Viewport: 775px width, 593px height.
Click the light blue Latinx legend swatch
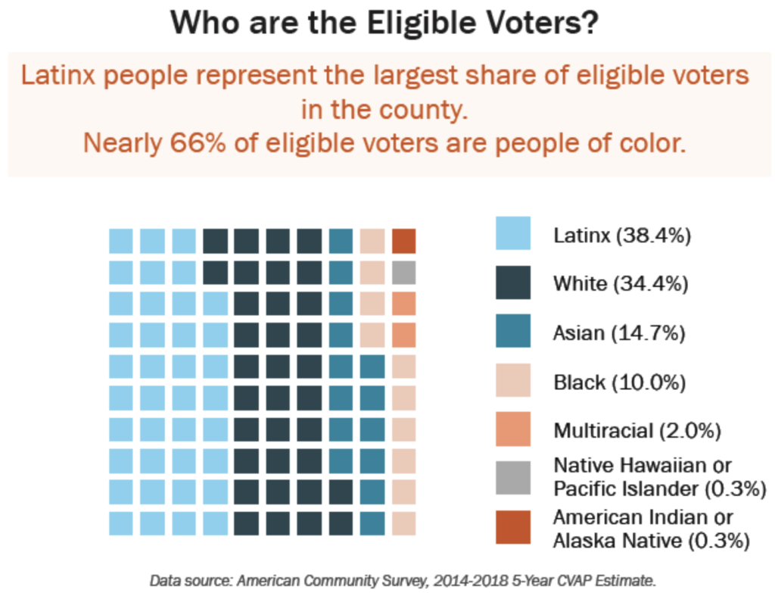pyautogui.click(x=513, y=233)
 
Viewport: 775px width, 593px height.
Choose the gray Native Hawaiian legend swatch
pyautogui.click(x=513, y=477)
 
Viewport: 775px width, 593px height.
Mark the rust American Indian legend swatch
pyautogui.click(x=513, y=527)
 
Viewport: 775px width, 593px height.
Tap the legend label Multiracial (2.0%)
pyautogui.click(x=636, y=431)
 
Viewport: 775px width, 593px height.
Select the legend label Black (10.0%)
pyautogui.click(x=619, y=382)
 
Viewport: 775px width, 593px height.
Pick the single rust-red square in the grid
pyautogui.click(x=404, y=241)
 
